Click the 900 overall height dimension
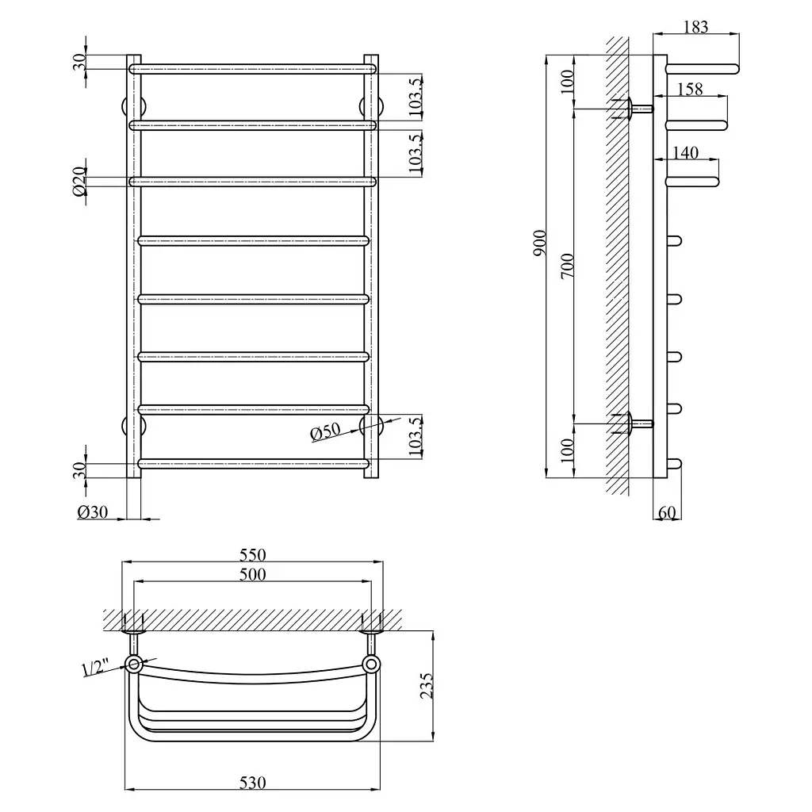tap(539, 243)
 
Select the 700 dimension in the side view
tap(568, 266)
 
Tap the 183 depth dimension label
tap(695, 27)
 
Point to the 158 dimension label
tap(690, 89)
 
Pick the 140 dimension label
tap(686, 153)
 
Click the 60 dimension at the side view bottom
tap(667, 513)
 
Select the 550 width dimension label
tap(253, 555)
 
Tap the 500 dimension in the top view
tap(253, 574)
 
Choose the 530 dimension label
tap(253, 783)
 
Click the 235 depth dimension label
tap(426, 686)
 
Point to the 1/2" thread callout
tap(95, 667)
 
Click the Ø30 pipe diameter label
tap(93, 512)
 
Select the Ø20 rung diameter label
tap(79, 181)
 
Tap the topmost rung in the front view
tap(253, 69)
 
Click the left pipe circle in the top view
tap(133, 664)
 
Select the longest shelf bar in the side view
tap(702, 69)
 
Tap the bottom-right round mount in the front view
tap(371, 426)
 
